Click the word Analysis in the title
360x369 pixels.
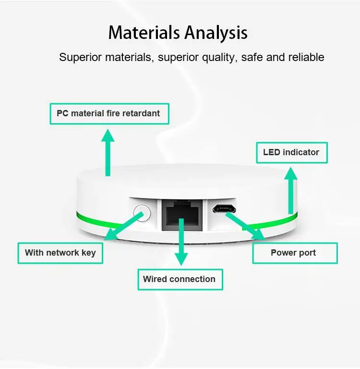pos(216,33)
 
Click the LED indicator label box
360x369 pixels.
pos(291,152)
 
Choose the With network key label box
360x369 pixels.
pos(60,253)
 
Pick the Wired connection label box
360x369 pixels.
pos(180,279)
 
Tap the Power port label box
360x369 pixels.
pos(294,253)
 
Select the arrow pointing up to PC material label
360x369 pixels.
pos(108,151)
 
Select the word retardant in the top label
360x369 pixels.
pos(141,114)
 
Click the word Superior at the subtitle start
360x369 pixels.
pos(78,58)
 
